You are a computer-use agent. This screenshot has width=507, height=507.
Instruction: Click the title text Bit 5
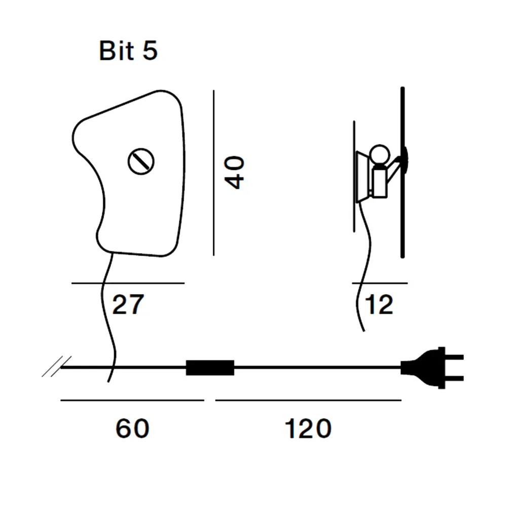coord(128,50)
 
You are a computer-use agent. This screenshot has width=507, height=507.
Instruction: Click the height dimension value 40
coord(235,172)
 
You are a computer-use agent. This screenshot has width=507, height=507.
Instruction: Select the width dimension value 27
coord(128,304)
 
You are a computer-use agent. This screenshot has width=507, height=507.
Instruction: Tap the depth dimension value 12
coord(379,304)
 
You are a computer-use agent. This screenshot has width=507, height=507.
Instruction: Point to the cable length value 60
coord(132,428)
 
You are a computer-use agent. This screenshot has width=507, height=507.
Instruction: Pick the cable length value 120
coord(308,428)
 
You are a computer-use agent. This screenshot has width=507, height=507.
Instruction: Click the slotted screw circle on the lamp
coord(141,161)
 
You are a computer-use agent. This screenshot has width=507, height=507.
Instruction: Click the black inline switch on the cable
coord(210,368)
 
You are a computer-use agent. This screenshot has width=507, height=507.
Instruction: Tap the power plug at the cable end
coord(431,368)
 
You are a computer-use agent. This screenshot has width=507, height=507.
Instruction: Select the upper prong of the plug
coord(454,357)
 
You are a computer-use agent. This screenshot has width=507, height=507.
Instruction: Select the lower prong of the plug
coord(454,378)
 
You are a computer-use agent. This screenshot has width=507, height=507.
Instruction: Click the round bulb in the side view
coord(380,155)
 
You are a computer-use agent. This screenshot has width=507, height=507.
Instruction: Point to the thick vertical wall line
coord(403,172)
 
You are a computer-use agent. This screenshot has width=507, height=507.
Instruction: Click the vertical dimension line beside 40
coord(214,173)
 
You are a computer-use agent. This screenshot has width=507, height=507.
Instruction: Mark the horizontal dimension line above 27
coord(128,283)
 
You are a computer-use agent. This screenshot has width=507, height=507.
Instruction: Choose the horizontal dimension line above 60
coord(132,401)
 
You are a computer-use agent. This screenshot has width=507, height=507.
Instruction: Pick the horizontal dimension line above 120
coord(308,401)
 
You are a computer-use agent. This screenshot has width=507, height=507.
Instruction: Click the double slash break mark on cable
coord(57,367)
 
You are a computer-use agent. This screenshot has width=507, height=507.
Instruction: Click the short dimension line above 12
coord(380,283)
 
